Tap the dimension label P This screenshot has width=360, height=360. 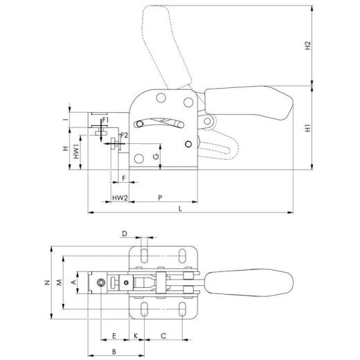tap(161, 197)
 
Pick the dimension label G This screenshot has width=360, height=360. tap(156, 157)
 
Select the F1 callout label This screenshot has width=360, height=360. tap(105, 121)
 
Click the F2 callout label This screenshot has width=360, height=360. tap(124, 134)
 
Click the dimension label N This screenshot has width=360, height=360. tap(47, 282)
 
